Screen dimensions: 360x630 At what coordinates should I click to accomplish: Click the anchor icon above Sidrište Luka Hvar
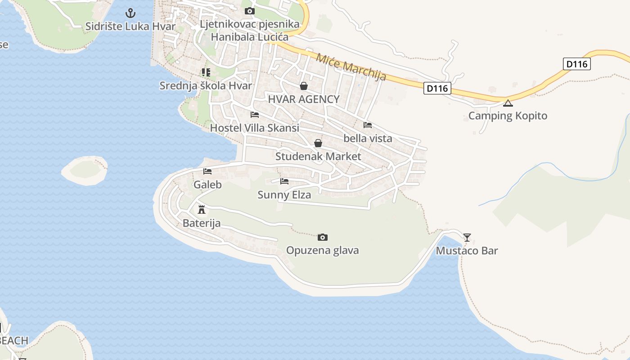130,13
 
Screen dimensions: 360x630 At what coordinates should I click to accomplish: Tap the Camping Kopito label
508,116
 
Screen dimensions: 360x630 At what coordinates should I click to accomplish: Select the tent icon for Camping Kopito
508,103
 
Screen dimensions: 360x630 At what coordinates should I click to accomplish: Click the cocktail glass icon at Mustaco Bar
467,237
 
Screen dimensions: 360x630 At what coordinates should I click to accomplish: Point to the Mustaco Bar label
467,251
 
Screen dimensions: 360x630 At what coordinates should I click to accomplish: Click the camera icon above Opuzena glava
322,237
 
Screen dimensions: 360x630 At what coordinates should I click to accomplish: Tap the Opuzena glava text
322,250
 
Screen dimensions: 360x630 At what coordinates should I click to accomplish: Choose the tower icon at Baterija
202,210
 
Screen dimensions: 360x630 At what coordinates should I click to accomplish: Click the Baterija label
202,223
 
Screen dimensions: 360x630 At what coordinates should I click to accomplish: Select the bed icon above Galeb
207,171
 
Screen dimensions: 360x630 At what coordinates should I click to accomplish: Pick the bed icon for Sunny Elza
284,181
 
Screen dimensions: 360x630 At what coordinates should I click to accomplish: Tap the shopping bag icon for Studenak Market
318,143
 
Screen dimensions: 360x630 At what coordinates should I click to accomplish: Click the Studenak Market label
318,157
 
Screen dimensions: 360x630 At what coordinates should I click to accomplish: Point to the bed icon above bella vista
368,125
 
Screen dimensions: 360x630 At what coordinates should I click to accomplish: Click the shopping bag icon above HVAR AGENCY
304,86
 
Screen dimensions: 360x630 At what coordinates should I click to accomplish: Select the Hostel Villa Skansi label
254,128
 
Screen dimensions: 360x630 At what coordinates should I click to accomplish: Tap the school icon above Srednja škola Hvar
206,72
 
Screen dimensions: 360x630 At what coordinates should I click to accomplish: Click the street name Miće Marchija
351,67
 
